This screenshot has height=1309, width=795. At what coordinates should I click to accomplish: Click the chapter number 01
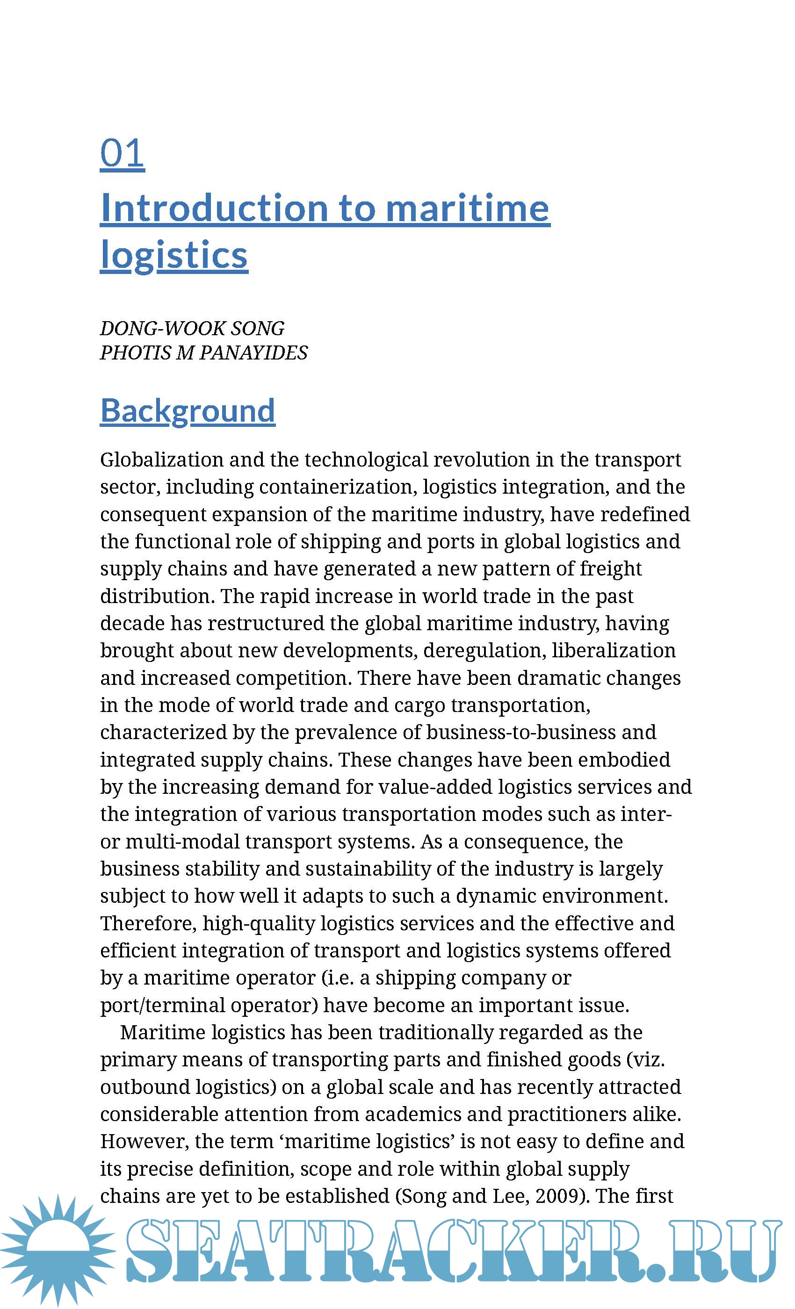[122, 153]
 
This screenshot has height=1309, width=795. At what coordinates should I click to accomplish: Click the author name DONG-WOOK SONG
[192, 328]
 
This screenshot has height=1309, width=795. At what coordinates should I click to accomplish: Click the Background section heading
[188, 410]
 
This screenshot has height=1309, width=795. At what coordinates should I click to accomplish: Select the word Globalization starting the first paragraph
[161, 460]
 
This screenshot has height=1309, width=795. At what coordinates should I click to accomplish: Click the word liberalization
[613, 650]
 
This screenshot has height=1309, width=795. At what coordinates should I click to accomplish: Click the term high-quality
[259, 923]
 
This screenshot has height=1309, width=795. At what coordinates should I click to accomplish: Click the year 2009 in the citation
[560, 1196]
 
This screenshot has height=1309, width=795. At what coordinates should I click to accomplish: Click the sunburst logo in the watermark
[58, 1250]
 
